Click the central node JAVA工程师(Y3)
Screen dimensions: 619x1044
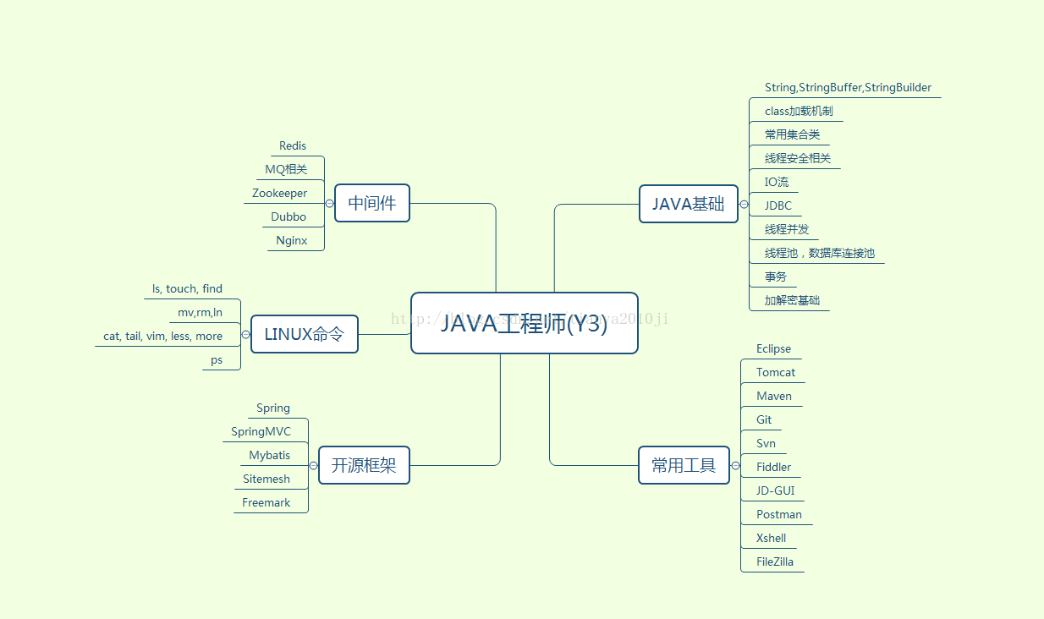coord(524,323)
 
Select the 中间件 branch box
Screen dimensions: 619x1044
coord(371,203)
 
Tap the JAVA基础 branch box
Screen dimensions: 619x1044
coord(688,204)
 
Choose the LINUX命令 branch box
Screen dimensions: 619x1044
coord(304,334)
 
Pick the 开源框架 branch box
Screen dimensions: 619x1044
coord(364,465)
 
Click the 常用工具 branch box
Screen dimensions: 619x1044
coord(684,465)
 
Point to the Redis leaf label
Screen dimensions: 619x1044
coord(293,146)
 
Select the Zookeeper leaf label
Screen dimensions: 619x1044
coord(280,194)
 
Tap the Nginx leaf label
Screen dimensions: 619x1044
coord(292,241)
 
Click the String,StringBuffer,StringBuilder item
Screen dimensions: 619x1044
coord(848,88)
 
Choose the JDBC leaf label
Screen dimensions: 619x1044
coord(778,205)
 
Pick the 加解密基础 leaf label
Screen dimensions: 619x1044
coord(792,300)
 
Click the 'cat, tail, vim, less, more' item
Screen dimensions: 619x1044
coord(163,337)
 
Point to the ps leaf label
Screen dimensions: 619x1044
coord(217,360)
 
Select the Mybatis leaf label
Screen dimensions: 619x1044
coord(270,456)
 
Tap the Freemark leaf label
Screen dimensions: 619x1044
coord(266,503)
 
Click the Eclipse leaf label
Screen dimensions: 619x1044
coord(773,349)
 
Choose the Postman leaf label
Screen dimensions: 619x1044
coord(779,515)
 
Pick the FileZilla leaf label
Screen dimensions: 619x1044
coord(775,562)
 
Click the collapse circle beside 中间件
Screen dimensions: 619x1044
coord(329,204)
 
